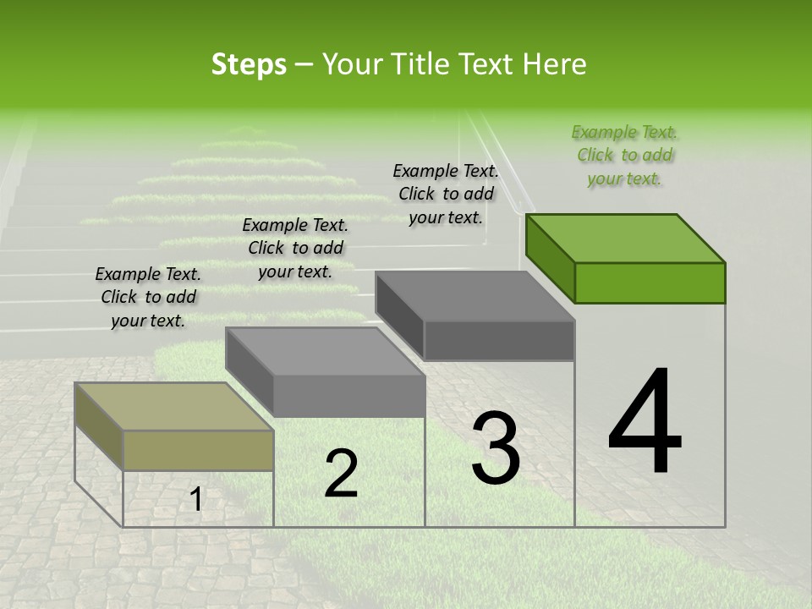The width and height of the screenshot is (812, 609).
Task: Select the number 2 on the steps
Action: (x=341, y=474)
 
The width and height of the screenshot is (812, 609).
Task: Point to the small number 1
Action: (x=195, y=500)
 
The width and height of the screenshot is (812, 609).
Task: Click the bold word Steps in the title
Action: (x=249, y=64)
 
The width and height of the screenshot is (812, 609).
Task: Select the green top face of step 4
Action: (x=626, y=238)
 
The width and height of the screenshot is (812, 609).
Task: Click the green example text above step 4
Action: (x=625, y=155)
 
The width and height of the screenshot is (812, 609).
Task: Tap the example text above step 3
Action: (x=446, y=194)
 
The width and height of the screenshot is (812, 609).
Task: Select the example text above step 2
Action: (x=295, y=248)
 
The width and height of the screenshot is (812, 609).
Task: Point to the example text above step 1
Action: (x=148, y=297)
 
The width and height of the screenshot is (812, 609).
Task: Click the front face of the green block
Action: (x=650, y=283)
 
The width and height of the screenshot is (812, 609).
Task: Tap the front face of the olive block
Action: (x=199, y=450)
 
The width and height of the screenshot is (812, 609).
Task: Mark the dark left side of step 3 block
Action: (x=399, y=315)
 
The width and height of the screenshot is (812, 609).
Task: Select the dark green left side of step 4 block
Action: (x=550, y=258)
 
